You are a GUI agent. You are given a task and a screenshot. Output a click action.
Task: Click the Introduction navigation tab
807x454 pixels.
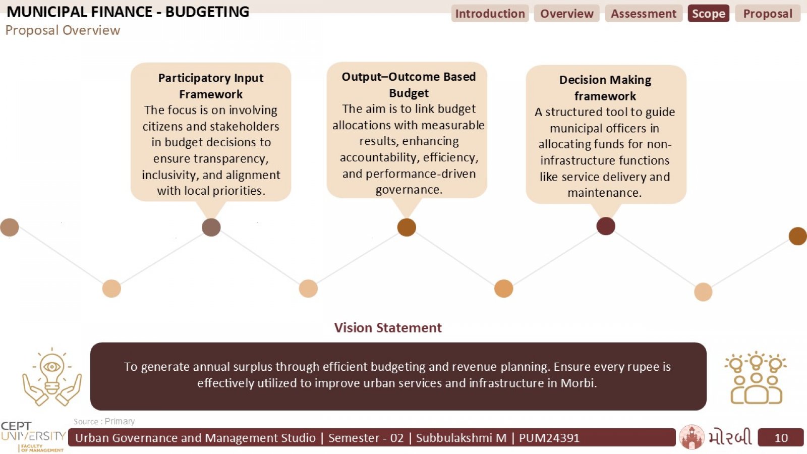coord(490,13)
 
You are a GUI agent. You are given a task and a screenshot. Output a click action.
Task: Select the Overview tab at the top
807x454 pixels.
coord(567,13)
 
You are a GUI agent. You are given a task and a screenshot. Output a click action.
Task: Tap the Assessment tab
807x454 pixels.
coord(644,13)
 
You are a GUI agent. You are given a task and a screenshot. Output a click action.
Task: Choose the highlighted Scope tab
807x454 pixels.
coord(709,13)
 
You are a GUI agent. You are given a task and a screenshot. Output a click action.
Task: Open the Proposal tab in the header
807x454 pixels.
coord(768,13)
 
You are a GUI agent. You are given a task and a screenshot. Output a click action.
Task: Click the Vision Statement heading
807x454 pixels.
coord(388,327)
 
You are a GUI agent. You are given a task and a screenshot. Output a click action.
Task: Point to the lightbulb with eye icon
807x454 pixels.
coord(52,377)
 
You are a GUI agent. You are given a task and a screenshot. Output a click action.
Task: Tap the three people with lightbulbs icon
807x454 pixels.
coord(756,378)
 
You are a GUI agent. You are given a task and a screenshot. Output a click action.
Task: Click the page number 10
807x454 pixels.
coord(781,438)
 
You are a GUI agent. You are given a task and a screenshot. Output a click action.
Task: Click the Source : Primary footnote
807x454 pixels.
coord(104,421)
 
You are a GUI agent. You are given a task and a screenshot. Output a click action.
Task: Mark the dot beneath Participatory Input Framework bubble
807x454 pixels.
coord(211,228)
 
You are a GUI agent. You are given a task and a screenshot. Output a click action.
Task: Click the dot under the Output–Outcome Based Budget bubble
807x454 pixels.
coord(407,228)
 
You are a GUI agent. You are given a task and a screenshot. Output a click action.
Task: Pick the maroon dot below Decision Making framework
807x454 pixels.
coord(606,226)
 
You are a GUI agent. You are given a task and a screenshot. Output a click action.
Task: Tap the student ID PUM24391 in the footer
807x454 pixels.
coord(549,438)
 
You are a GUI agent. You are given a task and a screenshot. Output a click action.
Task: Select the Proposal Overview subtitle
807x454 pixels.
coord(63,30)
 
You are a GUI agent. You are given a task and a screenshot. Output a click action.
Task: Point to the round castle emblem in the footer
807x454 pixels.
coord(691,437)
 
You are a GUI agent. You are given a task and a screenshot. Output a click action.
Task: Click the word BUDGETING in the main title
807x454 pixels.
coord(207,12)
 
